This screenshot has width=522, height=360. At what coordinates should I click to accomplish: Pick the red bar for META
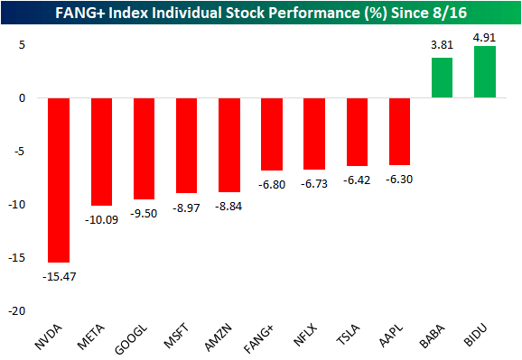point(101,152)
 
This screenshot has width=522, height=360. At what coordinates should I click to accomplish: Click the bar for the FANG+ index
point(272,134)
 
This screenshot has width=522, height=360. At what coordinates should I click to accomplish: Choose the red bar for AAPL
point(400,132)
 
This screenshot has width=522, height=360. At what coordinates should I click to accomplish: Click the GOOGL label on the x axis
point(138,336)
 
